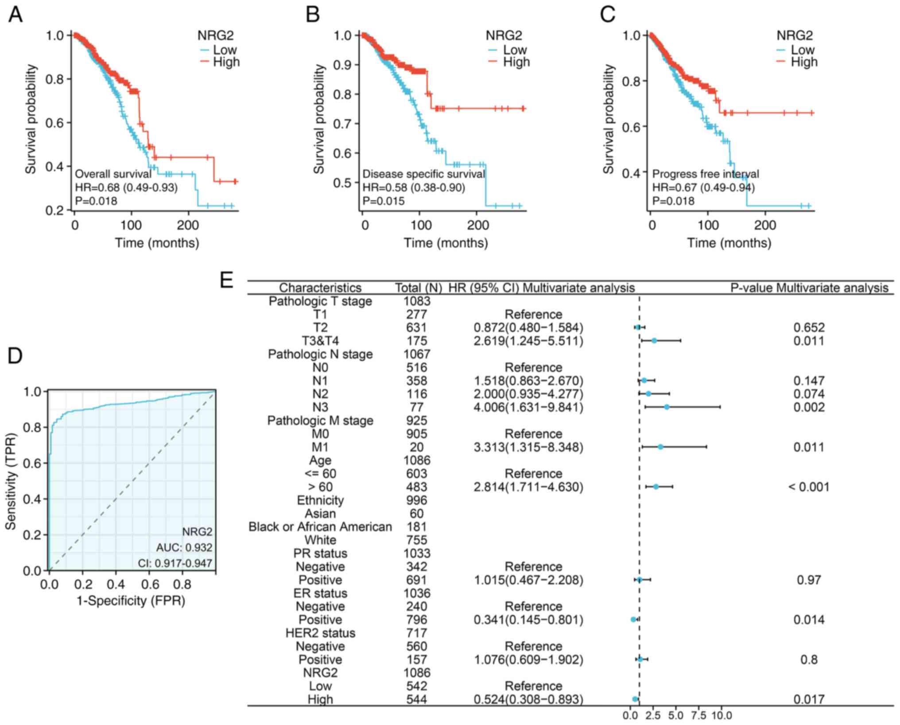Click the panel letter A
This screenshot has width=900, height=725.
coord(16,15)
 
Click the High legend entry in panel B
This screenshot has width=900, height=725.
coord(516,62)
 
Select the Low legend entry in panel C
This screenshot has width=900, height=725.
coord(802,50)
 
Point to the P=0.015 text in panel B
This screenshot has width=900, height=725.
coord(384,201)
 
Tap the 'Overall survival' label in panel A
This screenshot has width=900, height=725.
coord(113,174)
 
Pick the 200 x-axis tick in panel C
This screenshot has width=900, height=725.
coord(765,225)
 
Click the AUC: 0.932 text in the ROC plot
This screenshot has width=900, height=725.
coord(184,548)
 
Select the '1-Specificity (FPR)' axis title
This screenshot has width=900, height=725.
coord(131,601)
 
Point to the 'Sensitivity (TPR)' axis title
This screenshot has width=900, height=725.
coord(11,481)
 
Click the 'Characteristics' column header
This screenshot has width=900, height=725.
coord(320,288)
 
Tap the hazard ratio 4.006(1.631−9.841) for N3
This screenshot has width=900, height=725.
coord(528,407)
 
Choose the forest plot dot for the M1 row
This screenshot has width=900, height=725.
coord(660,447)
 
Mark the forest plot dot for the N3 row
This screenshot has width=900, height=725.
coord(667,407)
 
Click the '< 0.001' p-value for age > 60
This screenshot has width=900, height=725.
coord(808,487)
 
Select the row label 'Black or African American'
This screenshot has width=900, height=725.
coord(320,527)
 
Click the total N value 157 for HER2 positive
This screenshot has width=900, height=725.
coord(417,660)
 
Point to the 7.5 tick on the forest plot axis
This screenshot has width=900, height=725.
coord(698,716)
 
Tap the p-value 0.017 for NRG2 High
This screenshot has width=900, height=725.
coord(809,700)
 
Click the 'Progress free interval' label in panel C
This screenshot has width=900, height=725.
coord(706,174)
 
